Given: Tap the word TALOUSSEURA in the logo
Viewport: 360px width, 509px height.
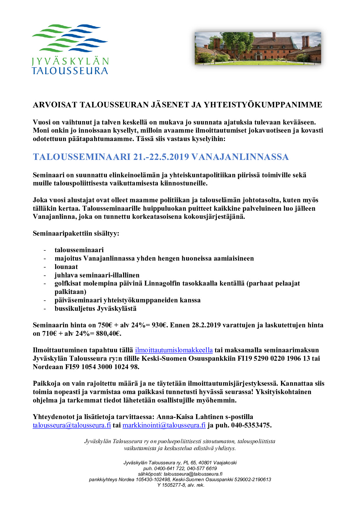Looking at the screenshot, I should coord(70,71).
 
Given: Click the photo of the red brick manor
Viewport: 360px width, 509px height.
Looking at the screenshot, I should coord(258,48).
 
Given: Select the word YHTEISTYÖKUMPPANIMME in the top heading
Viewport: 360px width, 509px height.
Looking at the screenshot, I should coord(263,105).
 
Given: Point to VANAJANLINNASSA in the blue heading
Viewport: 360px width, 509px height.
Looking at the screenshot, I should coord(240,157).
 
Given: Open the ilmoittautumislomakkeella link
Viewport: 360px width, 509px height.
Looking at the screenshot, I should coord(174,350).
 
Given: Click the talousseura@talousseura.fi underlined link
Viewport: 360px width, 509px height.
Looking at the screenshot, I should coord(72,425).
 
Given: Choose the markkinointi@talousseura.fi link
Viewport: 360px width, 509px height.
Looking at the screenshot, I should coord(164,425).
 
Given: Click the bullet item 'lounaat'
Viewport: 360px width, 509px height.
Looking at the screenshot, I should coord(66,267).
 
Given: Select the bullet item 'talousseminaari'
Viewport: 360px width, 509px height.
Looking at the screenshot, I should coord(79,250).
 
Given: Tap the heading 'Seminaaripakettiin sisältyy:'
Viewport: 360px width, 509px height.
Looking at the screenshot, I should coord(76,233).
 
